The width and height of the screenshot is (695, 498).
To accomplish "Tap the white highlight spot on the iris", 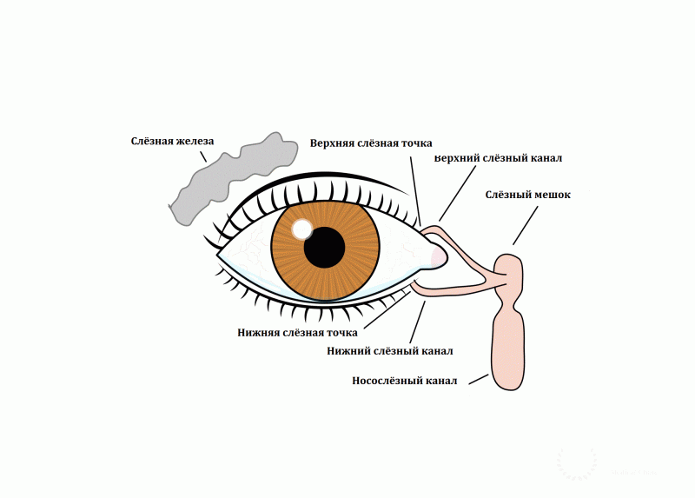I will [x=302, y=229].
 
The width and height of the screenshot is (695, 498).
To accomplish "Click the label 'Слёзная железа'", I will [x=172, y=141].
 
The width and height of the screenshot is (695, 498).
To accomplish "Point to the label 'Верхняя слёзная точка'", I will [x=371, y=143].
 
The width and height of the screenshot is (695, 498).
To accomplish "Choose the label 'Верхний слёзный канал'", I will [x=499, y=159].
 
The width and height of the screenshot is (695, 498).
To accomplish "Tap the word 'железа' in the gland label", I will [x=194, y=141].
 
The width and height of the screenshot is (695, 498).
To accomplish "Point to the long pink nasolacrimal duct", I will [x=508, y=348].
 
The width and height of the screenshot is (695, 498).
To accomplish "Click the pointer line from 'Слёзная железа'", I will [x=202, y=156].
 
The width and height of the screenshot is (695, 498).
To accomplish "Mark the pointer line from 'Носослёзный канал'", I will [x=479, y=379].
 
